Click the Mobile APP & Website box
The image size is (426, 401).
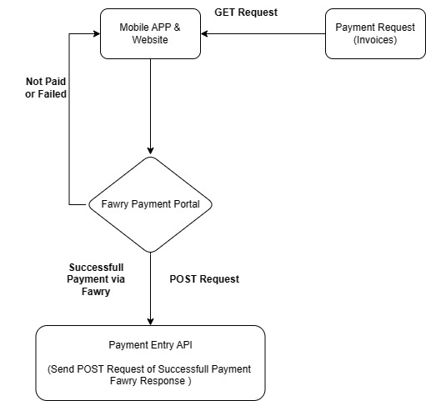150,33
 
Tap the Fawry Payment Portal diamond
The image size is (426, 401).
150,203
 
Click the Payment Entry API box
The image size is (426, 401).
150,363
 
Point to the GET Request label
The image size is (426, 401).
246,13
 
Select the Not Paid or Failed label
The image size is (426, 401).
46,88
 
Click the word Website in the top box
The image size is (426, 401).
150,40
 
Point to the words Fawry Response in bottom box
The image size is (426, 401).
150,381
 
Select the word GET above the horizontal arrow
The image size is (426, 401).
226,13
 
